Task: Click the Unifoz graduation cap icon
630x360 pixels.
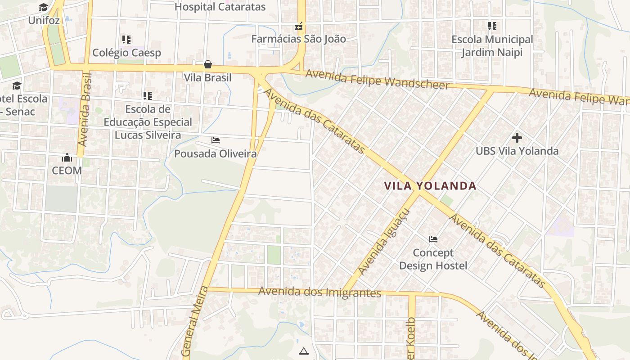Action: tap(43, 7)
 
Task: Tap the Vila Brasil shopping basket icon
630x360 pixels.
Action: tap(207, 64)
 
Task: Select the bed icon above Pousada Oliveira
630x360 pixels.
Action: tap(215, 140)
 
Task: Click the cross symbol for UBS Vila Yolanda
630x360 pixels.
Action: tap(517, 138)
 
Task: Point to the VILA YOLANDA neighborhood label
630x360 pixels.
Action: tap(430, 186)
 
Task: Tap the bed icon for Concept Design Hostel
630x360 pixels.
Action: tap(433, 239)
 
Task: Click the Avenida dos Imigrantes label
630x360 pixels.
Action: tap(319, 292)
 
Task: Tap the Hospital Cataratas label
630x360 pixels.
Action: tap(220, 7)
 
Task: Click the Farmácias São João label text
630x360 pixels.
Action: tap(298, 39)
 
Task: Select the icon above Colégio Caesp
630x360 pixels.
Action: tap(126, 40)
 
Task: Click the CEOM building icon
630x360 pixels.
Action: tap(67, 157)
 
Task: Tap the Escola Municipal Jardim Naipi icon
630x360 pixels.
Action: tap(492, 26)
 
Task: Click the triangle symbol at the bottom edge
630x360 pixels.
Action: tap(303, 351)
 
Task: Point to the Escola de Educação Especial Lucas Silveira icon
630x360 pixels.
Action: tap(147, 96)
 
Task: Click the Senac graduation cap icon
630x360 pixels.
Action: tap(17, 85)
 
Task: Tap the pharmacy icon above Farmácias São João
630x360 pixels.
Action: tap(298, 27)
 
